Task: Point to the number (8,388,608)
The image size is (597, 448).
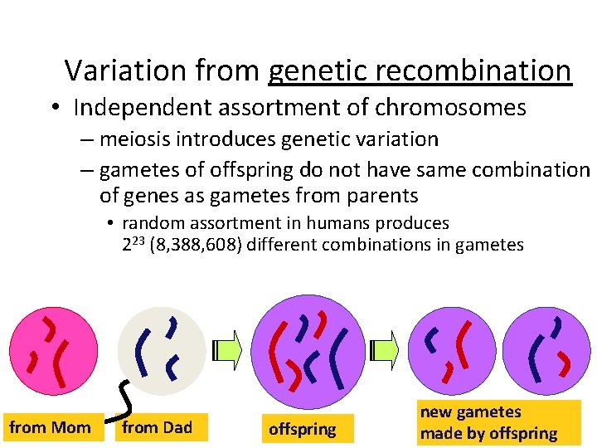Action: [201, 245]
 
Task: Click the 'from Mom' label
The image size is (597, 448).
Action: [50, 428]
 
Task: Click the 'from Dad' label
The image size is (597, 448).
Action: [158, 428]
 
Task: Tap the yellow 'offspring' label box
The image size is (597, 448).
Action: [303, 429]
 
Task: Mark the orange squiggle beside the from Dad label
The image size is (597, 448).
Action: [121, 400]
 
